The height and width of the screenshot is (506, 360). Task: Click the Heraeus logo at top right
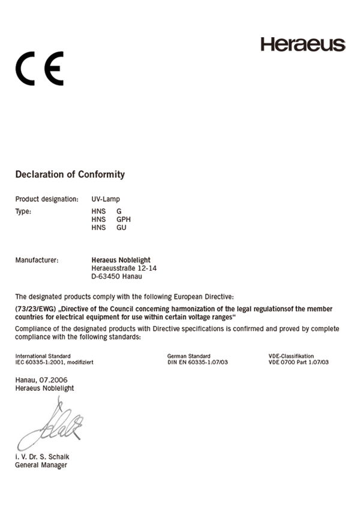(302, 44)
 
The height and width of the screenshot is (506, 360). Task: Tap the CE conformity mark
(40, 69)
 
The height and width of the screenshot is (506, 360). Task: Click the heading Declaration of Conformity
(70, 175)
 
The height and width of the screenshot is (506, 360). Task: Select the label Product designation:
(47, 199)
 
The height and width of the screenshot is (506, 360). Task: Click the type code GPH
(123, 220)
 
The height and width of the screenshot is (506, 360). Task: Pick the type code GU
(121, 228)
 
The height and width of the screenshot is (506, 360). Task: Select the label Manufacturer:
(37, 260)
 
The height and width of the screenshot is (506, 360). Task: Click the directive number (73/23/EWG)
(35, 309)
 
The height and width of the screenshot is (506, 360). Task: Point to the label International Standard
(43, 356)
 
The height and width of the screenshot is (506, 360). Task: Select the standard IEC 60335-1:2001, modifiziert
(54, 363)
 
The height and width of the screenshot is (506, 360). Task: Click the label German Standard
(189, 356)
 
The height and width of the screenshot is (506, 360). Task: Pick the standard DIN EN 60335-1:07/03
(198, 363)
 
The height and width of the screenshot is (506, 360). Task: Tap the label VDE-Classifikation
(291, 356)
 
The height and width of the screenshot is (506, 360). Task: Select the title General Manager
(41, 465)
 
